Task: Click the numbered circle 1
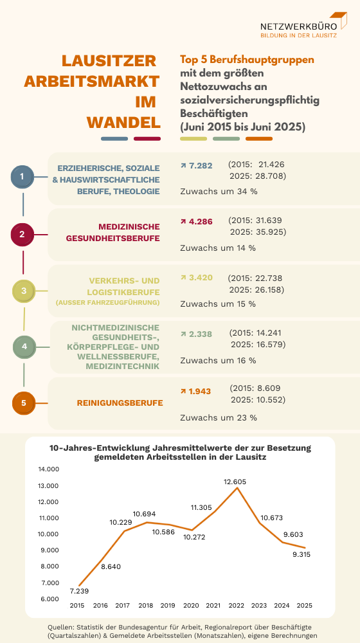tap(22, 176)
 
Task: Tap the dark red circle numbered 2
tap(22, 234)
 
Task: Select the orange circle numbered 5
tap(24, 403)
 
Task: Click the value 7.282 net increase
tap(199, 166)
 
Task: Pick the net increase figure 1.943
tap(200, 390)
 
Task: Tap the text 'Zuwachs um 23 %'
tap(219, 417)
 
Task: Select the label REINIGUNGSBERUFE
tap(120, 403)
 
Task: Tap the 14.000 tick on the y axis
tap(49, 469)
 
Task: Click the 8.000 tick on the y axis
tap(49, 567)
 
